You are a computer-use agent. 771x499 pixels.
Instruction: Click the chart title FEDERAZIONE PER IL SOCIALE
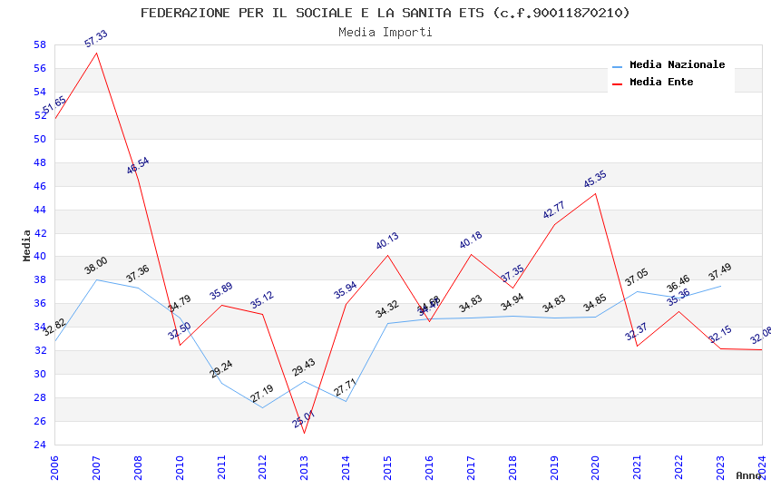point(385,13)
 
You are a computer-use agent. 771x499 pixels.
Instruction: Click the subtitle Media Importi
point(385,32)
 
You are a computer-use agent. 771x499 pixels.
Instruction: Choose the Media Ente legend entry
point(661,82)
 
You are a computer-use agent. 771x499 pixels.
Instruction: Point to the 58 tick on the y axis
point(40,44)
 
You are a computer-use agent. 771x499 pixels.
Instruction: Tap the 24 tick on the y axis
point(40,445)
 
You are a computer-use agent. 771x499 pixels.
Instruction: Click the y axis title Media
point(27,245)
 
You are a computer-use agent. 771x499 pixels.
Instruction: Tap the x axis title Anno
point(748,475)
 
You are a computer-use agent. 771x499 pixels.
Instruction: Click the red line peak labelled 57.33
point(97,53)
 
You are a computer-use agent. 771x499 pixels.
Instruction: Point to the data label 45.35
point(592,180)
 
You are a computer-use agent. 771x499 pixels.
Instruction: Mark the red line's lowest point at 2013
point(305,433)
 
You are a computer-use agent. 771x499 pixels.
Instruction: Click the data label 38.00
point(95,266)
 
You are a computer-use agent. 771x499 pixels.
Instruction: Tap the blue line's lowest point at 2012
point(263,407)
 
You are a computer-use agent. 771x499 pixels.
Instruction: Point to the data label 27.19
point(261,394)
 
